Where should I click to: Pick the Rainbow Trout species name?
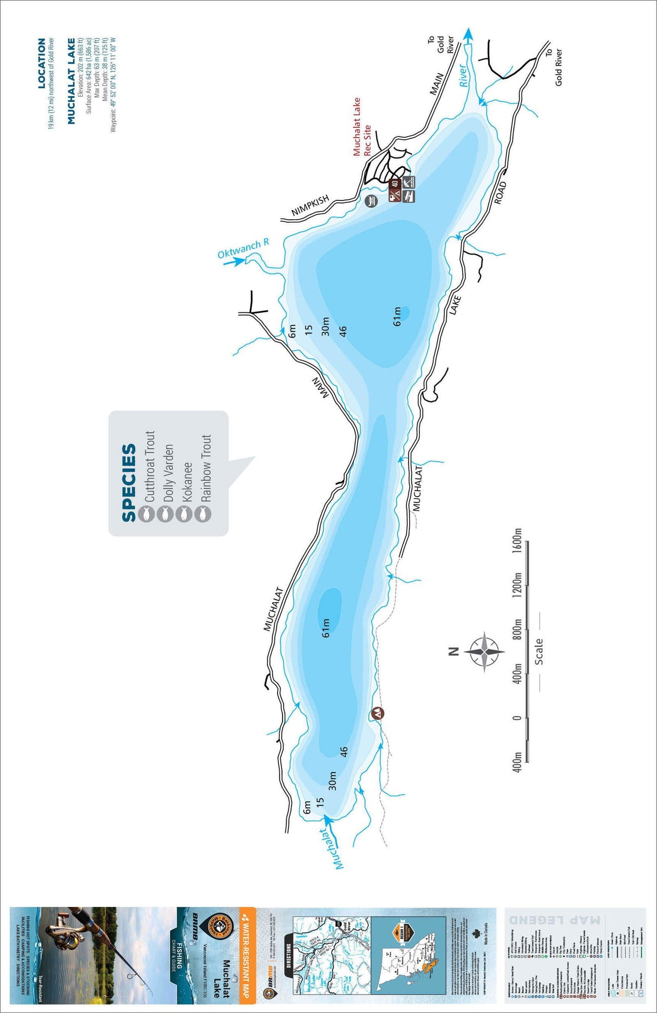[206, 468]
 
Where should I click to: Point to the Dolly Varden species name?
[168, 473]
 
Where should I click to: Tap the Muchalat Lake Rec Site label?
[362, 128]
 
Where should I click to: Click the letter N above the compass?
[454, 651]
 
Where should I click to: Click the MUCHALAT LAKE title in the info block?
[71, 81]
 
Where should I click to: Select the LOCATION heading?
[42, 63]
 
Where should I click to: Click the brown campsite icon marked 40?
[395, 184]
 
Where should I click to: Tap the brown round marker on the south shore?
[377, 714]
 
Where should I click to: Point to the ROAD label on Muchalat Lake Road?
[501, 193]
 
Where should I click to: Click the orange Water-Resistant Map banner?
[245, 953]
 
